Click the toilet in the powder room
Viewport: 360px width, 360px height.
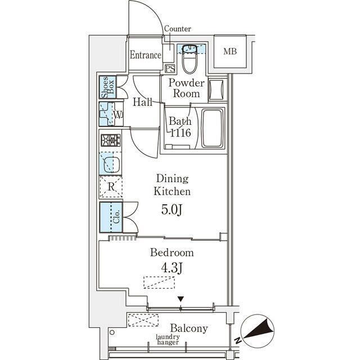(x=190, y=59)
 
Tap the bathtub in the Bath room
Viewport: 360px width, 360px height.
(x=213, y=129)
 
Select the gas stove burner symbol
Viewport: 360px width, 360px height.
(x=111, y=140)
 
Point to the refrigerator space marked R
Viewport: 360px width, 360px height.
(x=111, y=187)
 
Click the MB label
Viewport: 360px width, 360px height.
(x=230, y=51)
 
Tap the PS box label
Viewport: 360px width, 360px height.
(x=170, y=69)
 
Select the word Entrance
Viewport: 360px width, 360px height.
(x=146, y=55)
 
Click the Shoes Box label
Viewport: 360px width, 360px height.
(x=108, y=87)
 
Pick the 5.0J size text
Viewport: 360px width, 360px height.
(x=172, y=210)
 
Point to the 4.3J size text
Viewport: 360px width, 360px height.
(x=172, y=268)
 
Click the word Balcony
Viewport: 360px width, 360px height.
(x=189, y=328)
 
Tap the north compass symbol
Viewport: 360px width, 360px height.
(x=257, y=330)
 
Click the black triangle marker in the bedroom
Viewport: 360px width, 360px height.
(x=181, y=299)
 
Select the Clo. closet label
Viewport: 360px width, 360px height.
(x=116, y=217)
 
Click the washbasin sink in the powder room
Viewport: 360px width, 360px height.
(x=217, y=89)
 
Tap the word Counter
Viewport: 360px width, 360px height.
(x=178, y=29)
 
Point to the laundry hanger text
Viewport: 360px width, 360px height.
(x=168, y=340)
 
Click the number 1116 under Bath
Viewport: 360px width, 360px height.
(x=181, y=133)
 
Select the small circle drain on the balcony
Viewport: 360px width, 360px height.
(x=112, y=332)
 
